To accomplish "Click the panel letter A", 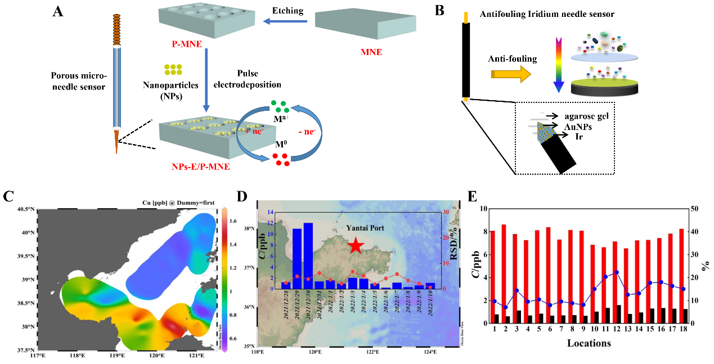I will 57,11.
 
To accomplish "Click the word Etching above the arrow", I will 288,11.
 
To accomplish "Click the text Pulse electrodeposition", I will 259,79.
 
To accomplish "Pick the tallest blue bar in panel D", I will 308,256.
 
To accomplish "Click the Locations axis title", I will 589,343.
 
